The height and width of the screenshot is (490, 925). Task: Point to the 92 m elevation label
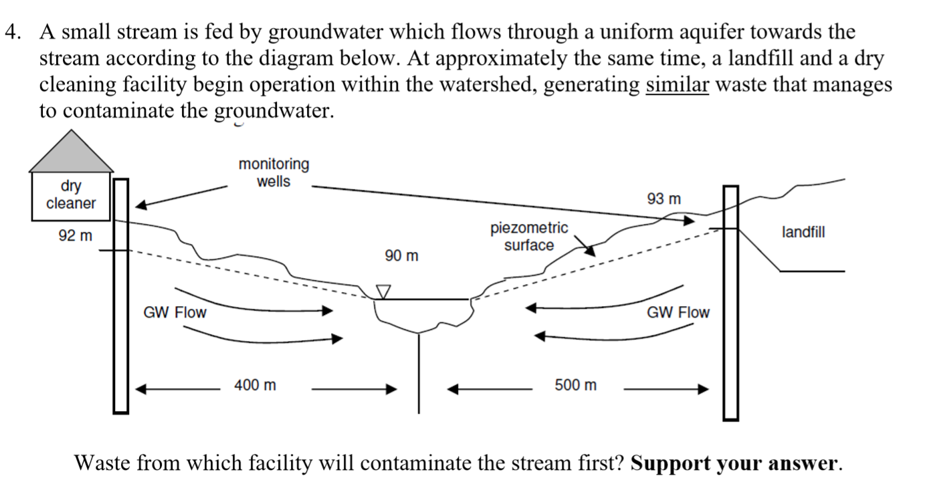(75, 235)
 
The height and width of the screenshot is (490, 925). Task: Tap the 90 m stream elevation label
(401, 255)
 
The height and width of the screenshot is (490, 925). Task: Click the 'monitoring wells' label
(274, 172)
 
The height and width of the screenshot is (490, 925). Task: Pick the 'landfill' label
(803, 232)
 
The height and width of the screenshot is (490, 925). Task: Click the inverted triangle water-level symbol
(383, 292)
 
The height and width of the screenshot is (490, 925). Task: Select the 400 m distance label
(255, 385)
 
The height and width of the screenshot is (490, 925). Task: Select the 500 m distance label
(576, 385)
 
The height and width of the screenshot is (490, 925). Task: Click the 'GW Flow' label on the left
(175, 312)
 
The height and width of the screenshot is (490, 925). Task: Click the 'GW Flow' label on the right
(678, 312)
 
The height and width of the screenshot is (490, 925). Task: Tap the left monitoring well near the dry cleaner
(120, 294)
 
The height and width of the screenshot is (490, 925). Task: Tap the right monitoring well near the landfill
(731, 301)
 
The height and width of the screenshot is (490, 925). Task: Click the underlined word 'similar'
(676, 85)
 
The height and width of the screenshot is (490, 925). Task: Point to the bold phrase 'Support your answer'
(734, 463)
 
